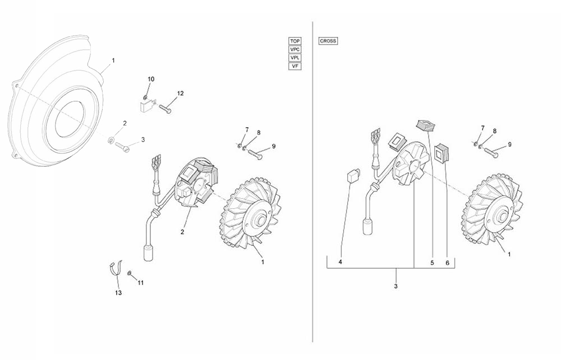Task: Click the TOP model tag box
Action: pyautogui.click(x=295, y=41)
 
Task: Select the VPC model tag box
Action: pyautogui.click(x=295, y=49)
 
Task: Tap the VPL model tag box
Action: pyautogui.click(x=295, y=58)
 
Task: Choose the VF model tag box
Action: pyautogui.click(x=295, y=66)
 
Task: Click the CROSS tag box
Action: pyautogui.click(x=328, y=41)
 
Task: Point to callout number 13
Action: pyautogui.click(x=118, y=293)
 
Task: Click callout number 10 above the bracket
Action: pyautogui.click(x=151, y=79)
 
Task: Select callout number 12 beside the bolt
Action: pyautogui.click(x=180, y=93)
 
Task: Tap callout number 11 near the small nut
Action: pyautogui.click(x=141, y=283)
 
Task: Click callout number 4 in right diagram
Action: pyautogui.click(x=341, y=262)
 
